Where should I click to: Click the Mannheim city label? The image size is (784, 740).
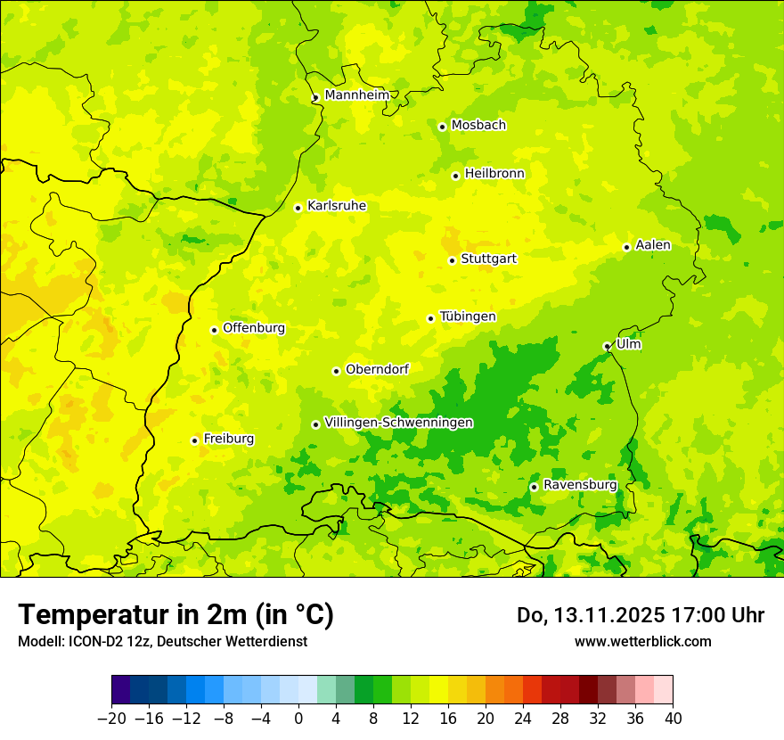click(356, 95)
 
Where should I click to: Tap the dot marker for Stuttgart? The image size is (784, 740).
click(452, 260)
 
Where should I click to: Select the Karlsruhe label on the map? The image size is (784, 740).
click(336, 206)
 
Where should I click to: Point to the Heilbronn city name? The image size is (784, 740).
click(494, 174)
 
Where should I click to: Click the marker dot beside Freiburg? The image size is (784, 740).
click(194, 440)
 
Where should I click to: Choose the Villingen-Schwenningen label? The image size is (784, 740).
click(398, 423)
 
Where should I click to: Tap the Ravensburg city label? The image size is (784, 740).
click(579, 485)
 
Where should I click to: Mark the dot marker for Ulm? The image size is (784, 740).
click(607, 346)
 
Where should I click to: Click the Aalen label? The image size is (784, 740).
click(653, 245)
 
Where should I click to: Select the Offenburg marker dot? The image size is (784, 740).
click(214, 330)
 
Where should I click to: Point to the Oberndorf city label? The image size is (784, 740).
click(377, 369)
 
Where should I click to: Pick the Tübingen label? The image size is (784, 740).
click(468, 317)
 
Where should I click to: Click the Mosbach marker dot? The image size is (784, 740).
click(442, 127)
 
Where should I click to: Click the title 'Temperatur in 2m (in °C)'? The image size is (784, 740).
click(176, 615)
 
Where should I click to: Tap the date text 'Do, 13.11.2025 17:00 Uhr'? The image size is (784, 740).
click(640, 615)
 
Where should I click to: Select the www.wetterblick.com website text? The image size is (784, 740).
click(642, 641)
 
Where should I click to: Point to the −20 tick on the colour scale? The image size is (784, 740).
click(112, 719)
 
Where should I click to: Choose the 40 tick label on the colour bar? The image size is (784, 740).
click(673, 719)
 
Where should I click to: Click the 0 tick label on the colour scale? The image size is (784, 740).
click(298, 719)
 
